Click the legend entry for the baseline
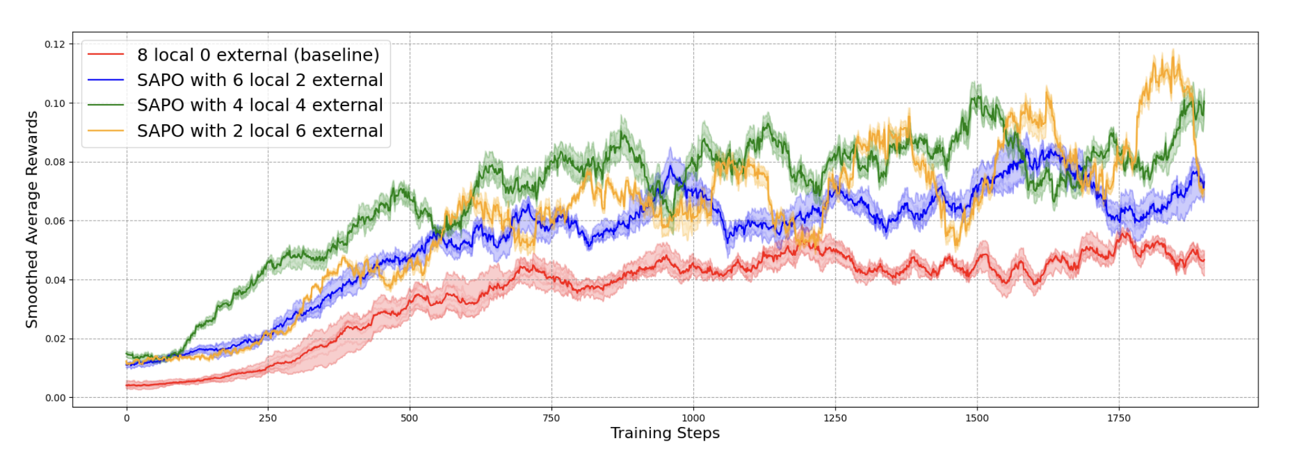(x=258, y=55)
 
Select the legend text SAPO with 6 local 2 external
(x=259, y=80)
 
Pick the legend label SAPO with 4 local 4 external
(x=259, y=105)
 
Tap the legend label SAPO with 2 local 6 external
(x=259, y=131)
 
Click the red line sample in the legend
(x=106, y=55)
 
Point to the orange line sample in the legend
(x=106, y=131)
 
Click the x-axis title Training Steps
(x=665, y=434)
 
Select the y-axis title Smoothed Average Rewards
(x=32, y=219)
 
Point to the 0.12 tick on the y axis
(x=55, y=44)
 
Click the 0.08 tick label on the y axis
(x=55, y=162)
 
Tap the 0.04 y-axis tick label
(x=55, y=280)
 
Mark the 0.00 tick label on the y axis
(x=55, y=398)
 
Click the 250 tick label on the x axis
(x=267, y=418)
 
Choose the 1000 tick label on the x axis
(x=693, y=418)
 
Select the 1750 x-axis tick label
(x=1119, y=418)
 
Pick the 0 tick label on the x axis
(x=126, y=418)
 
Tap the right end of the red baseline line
(x=1204, y=260)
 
